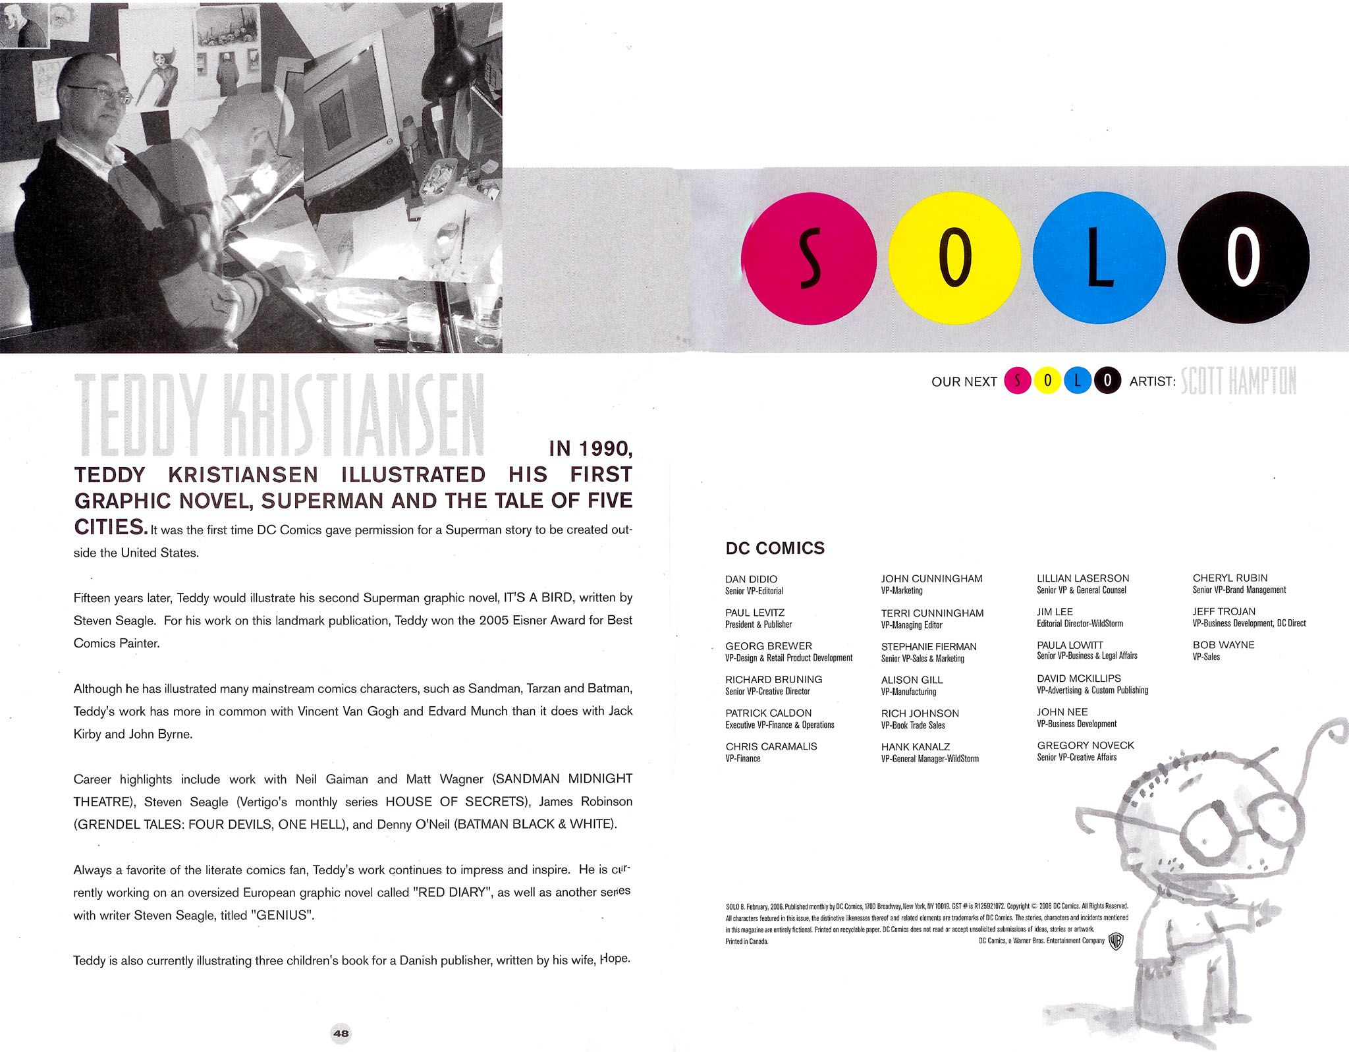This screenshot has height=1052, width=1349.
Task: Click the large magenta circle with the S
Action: click(809, 258)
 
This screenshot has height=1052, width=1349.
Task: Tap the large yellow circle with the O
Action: click(954, 258)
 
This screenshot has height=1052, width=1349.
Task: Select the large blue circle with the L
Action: click(1098, 258)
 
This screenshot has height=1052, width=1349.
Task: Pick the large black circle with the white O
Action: click(1243, 258)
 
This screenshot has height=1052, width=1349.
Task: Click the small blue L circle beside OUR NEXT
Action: click(1078, 381)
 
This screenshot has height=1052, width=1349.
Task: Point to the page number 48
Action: click(341, 1033)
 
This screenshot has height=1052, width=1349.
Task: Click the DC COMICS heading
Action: click(775, 548)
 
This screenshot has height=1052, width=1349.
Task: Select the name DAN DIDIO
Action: click(751, 579)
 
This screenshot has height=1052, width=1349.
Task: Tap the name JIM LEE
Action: click(1055, 612)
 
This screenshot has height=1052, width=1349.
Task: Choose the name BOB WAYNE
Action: click(1223, 645)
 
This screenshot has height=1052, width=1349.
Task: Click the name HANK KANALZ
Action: click(915, 746)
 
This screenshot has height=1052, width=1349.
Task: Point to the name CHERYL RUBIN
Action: click(1230, 578)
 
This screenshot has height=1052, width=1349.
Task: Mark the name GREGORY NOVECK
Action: click(1085, 745)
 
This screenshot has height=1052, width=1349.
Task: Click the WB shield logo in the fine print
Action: click(1115, 941)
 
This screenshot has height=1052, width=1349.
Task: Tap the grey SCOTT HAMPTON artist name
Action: click(1238, 381)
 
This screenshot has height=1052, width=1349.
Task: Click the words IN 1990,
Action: click(591, 449)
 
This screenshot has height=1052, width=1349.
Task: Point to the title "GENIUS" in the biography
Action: click(283, 915)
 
